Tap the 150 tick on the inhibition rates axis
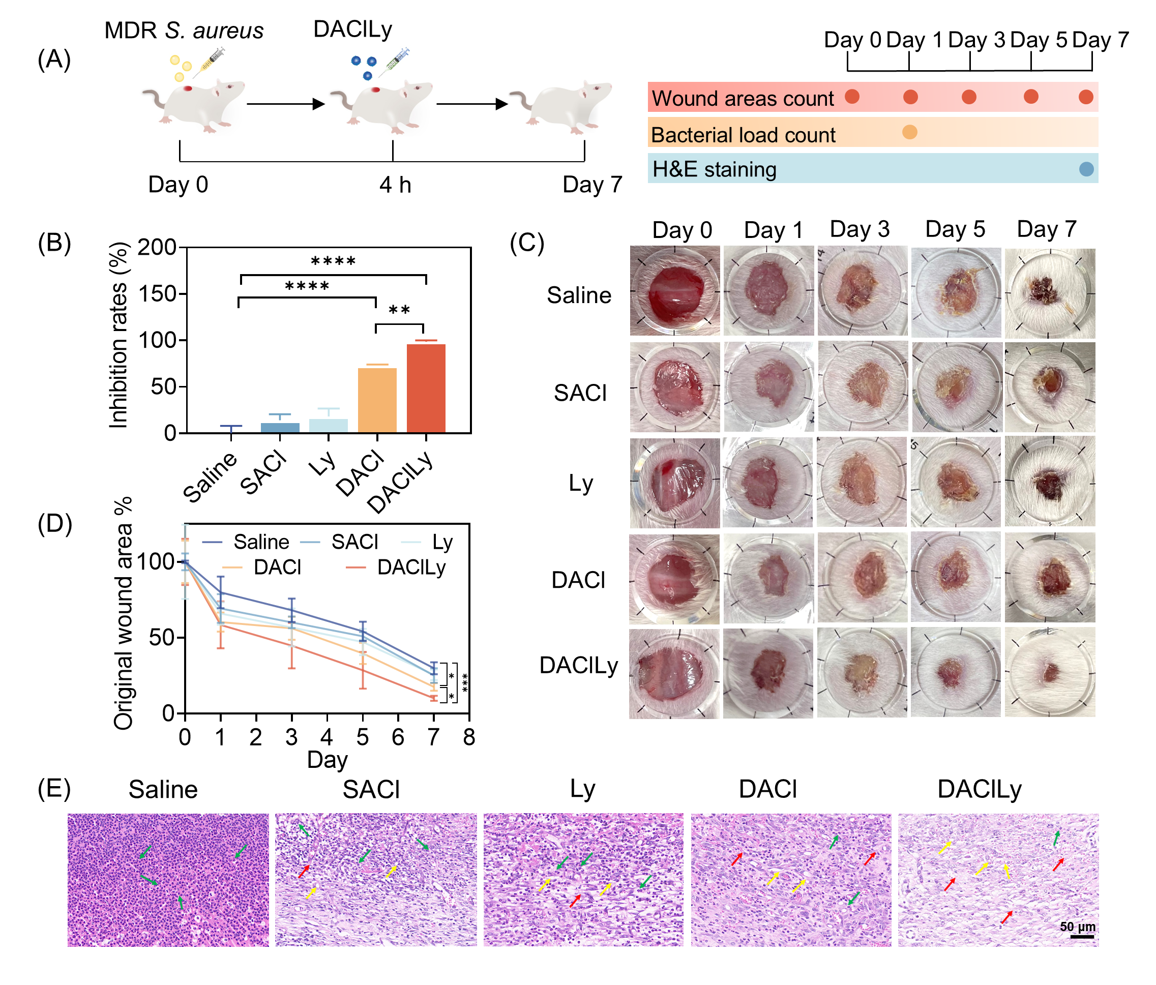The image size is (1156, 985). tap(157, 293)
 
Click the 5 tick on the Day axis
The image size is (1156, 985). tap(363, 737)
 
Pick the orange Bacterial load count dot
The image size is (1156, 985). tap(909, 132)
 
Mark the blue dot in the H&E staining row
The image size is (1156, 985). tap(1086, 169)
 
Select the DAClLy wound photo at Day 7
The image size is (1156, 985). tap(1050, 672)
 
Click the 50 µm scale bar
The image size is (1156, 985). tap(1082, 937)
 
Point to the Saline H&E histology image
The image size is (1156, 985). tap(168, 880)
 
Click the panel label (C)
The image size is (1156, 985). tap(527, 244)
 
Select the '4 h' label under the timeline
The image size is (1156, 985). tap(395, 185)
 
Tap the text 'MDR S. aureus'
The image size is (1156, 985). tap(184, 31)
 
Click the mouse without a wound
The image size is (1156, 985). tap(564, 106)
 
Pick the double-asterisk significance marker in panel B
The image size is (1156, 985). tap(399, 310)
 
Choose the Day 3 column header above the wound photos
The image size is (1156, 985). tap(859, 229)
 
